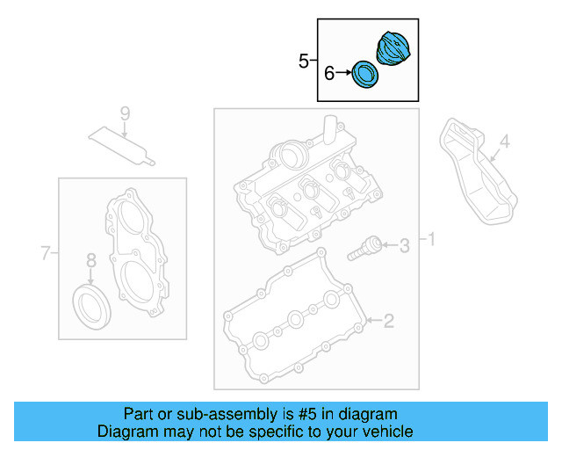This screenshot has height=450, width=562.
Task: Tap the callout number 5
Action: pyautogui.click(x=304, y=61)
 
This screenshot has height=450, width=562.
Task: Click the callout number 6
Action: pyautogui.click(x=329, y=74)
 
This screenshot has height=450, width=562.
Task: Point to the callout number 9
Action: pyautogui.click(x=124, y=113)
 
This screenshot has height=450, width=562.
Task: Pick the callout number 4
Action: pyautogui.click(x=504, y=141)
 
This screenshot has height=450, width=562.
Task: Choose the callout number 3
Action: pyautogui.click(x=404, y=246)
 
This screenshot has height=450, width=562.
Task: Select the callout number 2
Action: pyautogui.click(x=389, y=322)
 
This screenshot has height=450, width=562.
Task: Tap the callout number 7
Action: pyautogui.click(x=46, y=255)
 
